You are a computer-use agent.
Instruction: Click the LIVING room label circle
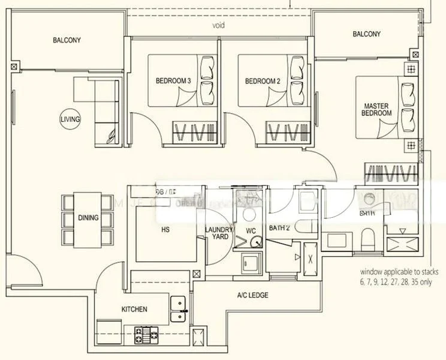tap(70, 119)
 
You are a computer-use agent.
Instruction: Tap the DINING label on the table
tap(88, 218)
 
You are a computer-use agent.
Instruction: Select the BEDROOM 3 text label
tap(173, 81)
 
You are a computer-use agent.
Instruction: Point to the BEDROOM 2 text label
tap(263, 81)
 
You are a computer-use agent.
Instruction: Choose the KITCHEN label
tap(134, 309)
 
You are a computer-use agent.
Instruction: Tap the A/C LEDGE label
tap(252, 295)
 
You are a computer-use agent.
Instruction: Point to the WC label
tap(251, 230)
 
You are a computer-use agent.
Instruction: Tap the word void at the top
tap(218, 26)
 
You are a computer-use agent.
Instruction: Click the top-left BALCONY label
tap(67, 41)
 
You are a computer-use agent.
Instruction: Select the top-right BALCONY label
tap(366, 34)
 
